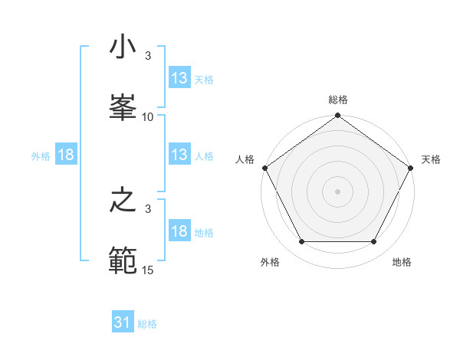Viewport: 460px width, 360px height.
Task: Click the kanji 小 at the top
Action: point(123,48)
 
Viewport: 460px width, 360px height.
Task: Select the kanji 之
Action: point(123,201)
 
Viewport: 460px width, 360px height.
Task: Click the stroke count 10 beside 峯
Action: point(148,117)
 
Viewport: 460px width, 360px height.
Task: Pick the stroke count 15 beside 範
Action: point(148,270)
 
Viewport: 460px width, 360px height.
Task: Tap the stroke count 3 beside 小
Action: point(148,56)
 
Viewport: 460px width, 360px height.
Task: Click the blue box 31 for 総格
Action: point(123,322)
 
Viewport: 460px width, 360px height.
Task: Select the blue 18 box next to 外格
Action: point(66,155)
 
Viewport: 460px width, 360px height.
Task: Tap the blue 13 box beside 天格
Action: point(179,78)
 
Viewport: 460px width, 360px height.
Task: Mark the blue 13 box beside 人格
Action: point(179,155)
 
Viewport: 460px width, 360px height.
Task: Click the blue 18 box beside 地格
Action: point(179,231)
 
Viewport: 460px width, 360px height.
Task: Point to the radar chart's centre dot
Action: point(338,191)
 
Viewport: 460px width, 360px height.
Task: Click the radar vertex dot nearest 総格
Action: point(338,116)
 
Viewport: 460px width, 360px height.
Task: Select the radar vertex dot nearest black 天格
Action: point(412,168)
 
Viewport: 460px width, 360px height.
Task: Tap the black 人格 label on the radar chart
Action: point(245,159)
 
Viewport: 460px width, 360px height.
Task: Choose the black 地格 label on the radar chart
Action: point(402,262)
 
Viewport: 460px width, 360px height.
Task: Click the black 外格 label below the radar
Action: point(270,262)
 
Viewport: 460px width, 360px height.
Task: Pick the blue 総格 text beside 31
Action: point(147,324)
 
